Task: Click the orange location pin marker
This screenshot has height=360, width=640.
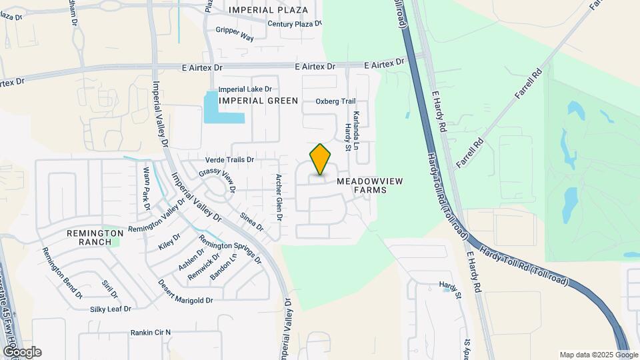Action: pyautogui.click(x=320, y=159)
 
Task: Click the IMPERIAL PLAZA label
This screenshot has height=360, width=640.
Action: pyautogui.click(x=269, y=10)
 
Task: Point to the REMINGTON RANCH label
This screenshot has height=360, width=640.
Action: pyautogui.click(x=95, y=237)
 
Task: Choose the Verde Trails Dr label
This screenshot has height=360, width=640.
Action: pyautogui.click(x=230, y=160)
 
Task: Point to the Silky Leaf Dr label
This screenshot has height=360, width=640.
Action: pyautogui.click(x=110, y=309)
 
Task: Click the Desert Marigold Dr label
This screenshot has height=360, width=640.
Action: pyautogui.click(x=185, y=291)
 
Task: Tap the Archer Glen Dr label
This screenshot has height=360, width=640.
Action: pyautogui.click(x=279, y=197)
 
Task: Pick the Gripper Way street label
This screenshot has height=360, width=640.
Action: pyautogui.click(x=235, y=34)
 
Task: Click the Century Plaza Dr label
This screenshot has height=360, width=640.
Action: pyautogui.click(x=294, y=24)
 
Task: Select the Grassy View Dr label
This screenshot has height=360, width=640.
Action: pyautogui.click(x=217, y=179)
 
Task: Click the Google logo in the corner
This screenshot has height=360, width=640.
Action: pyautogui.click(x=22, y=352)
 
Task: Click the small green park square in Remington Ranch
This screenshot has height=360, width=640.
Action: pyautogui.click(x=115, y=241)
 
